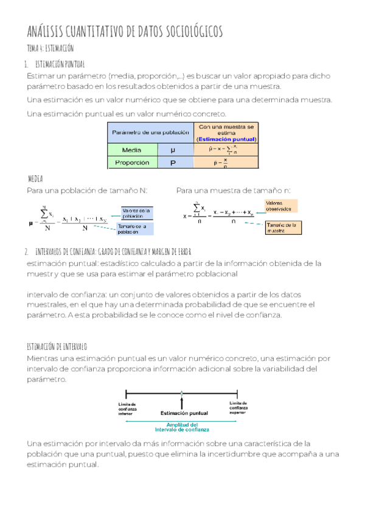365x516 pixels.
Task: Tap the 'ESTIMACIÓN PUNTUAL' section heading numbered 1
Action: tap(60, 64)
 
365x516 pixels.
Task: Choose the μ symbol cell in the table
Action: tap(173, 150)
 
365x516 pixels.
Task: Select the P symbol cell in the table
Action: tap(173, 163)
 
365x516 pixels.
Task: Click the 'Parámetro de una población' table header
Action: tap(149, 132)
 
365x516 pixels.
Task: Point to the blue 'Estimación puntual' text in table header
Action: tap(226, 139)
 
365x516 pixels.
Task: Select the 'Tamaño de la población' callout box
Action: tap(137, 229)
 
